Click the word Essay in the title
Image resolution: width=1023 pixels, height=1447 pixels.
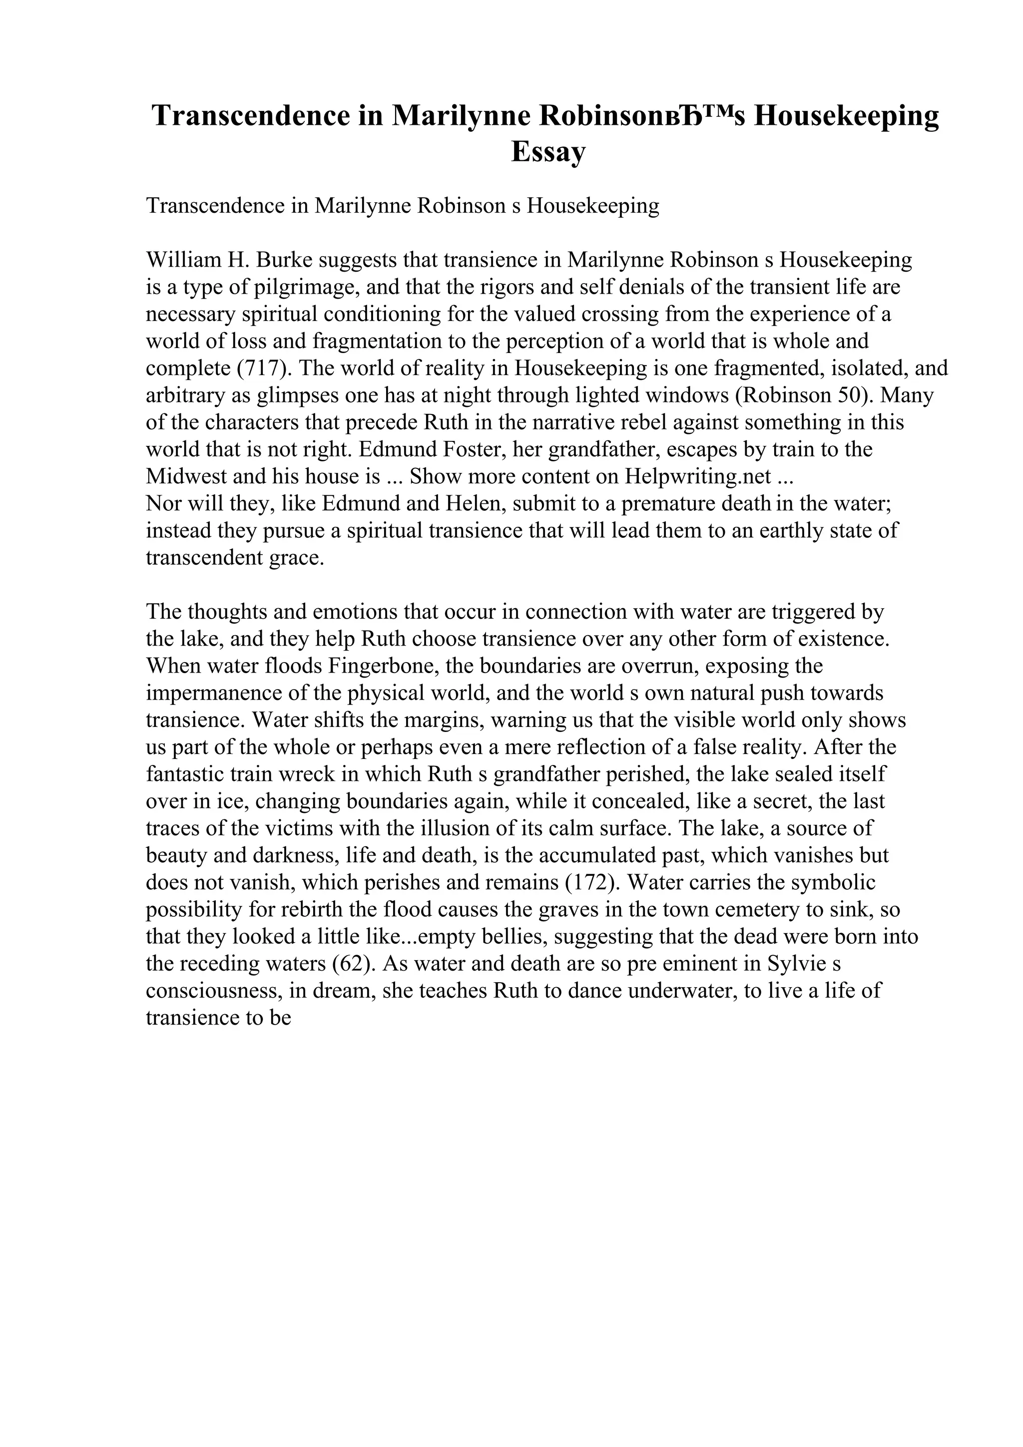pyautogui.click(x=548, y=152)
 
